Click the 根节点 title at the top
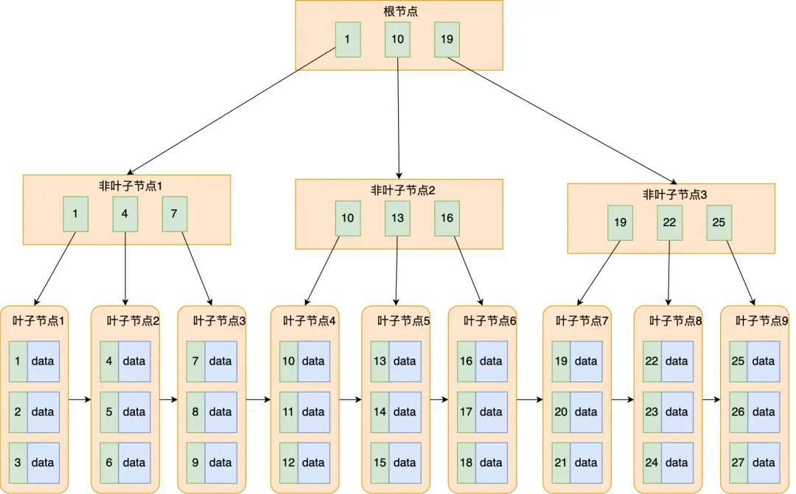click(x=399, y=13)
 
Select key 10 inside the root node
click(x=397, y=40)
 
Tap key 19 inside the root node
click(x=447, y=40)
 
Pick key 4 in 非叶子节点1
click(x=125, y=214)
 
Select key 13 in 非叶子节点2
click(x=397, y=218)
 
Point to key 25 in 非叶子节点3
click(x=719, y=222)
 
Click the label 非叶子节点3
click(x=671, y=194)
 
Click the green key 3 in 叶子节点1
click(x=18, y=462)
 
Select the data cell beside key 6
click(x=134, y=462)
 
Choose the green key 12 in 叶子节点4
click(x=289, y=462)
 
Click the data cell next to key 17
click(x=491, y=412)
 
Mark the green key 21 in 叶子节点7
click(x=561, y=462)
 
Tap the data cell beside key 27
click(x=764, y=462)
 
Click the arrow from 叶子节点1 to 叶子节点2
click(x=80, y=400)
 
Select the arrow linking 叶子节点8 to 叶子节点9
click(x=711, y=400)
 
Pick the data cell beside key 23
click(x=677, y=412)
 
